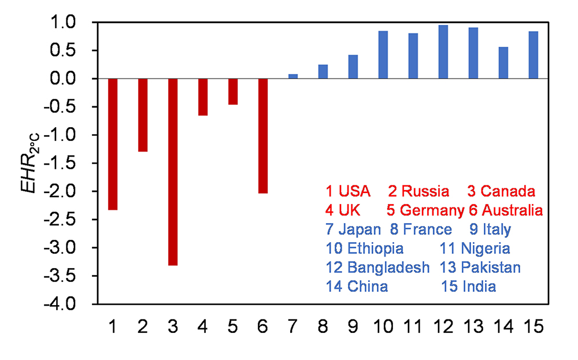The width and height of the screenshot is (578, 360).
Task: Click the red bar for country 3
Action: click(173, 172)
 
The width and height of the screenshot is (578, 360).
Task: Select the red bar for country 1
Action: click(113, 144)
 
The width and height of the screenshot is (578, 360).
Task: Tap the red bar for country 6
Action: click(263, 136)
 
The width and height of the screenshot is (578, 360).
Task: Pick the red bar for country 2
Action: click(143, 115)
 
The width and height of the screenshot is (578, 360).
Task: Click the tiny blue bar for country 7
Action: click(293, 76)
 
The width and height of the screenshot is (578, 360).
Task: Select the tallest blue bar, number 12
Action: click(443, 52)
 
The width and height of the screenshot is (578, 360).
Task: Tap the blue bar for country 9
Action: click(353, 66)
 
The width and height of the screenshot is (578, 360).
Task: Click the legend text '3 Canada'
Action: click(501, 191)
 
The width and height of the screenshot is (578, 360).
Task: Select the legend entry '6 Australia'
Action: click(506, 210)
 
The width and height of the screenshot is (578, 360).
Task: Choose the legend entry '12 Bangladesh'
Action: click(377, 268)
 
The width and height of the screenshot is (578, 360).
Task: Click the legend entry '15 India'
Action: click(468, 287)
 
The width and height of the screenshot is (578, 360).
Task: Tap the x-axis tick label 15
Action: click(533, 327)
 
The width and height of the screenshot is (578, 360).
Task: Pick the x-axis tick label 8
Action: click(323, 327)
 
